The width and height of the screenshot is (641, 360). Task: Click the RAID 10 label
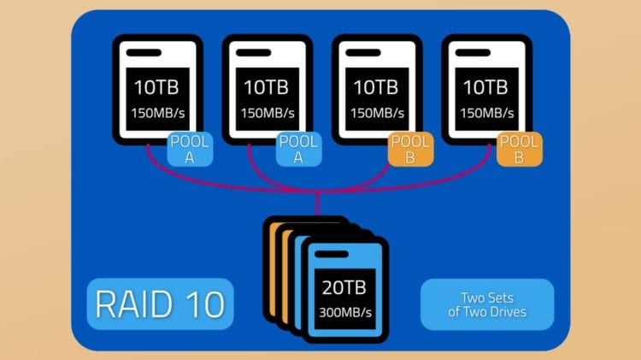[160, 304]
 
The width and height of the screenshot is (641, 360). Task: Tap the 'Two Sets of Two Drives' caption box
[487, 304]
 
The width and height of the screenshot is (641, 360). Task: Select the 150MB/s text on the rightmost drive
[486, 113]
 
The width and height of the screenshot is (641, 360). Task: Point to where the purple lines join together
[317, 191]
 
